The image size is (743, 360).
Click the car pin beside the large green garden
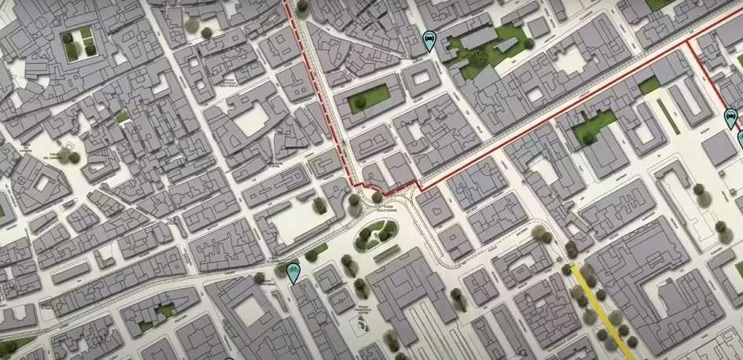click(429, 40)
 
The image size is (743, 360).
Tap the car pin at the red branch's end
click(730, 119)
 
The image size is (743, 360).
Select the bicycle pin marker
click(292, 273)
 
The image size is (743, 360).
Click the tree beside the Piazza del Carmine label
click(74, 157)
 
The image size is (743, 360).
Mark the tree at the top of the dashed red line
click(301, 5)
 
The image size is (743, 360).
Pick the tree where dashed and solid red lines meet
click(377, 197)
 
